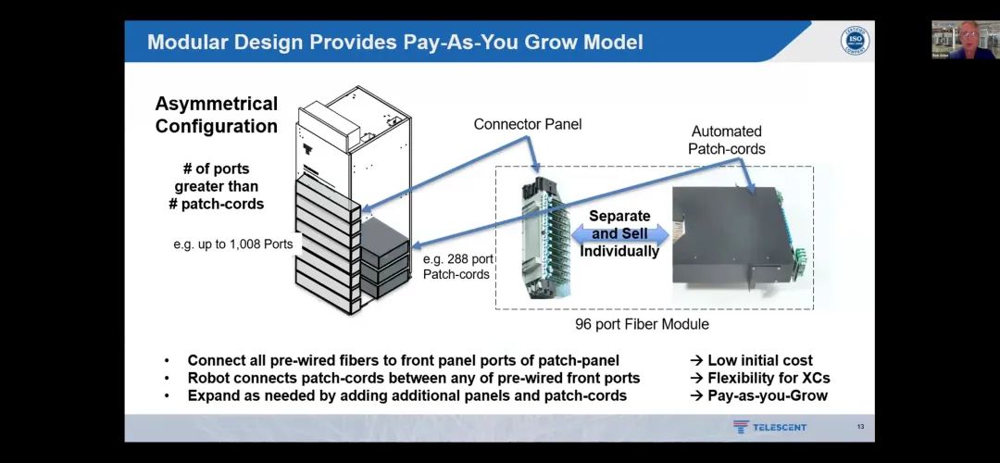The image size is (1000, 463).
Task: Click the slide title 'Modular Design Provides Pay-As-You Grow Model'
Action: point(395,43)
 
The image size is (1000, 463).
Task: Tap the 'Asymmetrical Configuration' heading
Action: point(217,115)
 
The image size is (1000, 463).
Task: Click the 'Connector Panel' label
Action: point(528,124)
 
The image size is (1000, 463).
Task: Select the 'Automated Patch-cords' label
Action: point(727,140)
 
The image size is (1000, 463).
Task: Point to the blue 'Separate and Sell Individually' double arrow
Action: point(619,233)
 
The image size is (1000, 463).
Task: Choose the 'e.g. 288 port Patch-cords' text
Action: point(456,267)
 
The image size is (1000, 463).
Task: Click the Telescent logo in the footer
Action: point(769,427)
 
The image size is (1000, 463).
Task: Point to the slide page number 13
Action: point(860,427)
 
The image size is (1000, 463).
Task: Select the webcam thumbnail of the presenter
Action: point(965,40)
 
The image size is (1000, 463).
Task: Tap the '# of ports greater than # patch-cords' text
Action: point(216,186)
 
